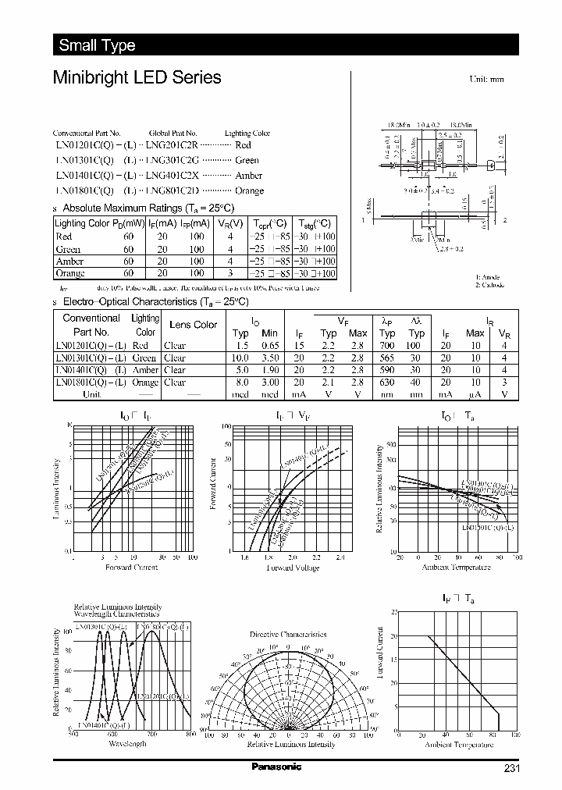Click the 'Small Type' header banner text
(97, 45)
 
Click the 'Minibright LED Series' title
(137, 78)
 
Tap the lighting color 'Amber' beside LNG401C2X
(248, 176)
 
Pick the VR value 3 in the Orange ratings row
(230, 274)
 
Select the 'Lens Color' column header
(193, 325)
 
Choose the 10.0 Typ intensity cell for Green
(240, 358)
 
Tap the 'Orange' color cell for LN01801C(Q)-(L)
(146, 383)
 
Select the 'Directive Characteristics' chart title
(288, 635)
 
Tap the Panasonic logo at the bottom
(276, 767)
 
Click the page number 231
(510, 768)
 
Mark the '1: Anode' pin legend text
(488, 277)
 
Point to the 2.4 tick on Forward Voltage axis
(340, 558)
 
